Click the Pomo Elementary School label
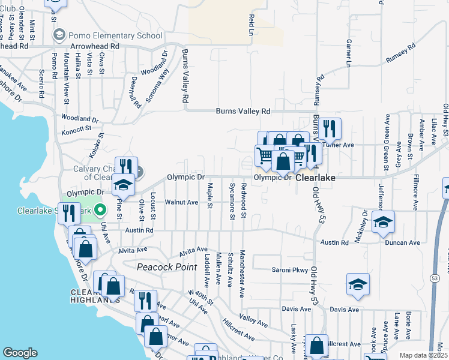(x=112, y=35)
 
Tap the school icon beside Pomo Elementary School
(x=59, y=35)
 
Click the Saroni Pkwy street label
(x=290, y=270)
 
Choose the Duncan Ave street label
(x=403, y=243)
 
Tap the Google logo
(x=20, y=353)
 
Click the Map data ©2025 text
(x=424, y=355)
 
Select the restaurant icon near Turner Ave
(x=330, y=128)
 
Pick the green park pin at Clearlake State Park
(x=100, y=210)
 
